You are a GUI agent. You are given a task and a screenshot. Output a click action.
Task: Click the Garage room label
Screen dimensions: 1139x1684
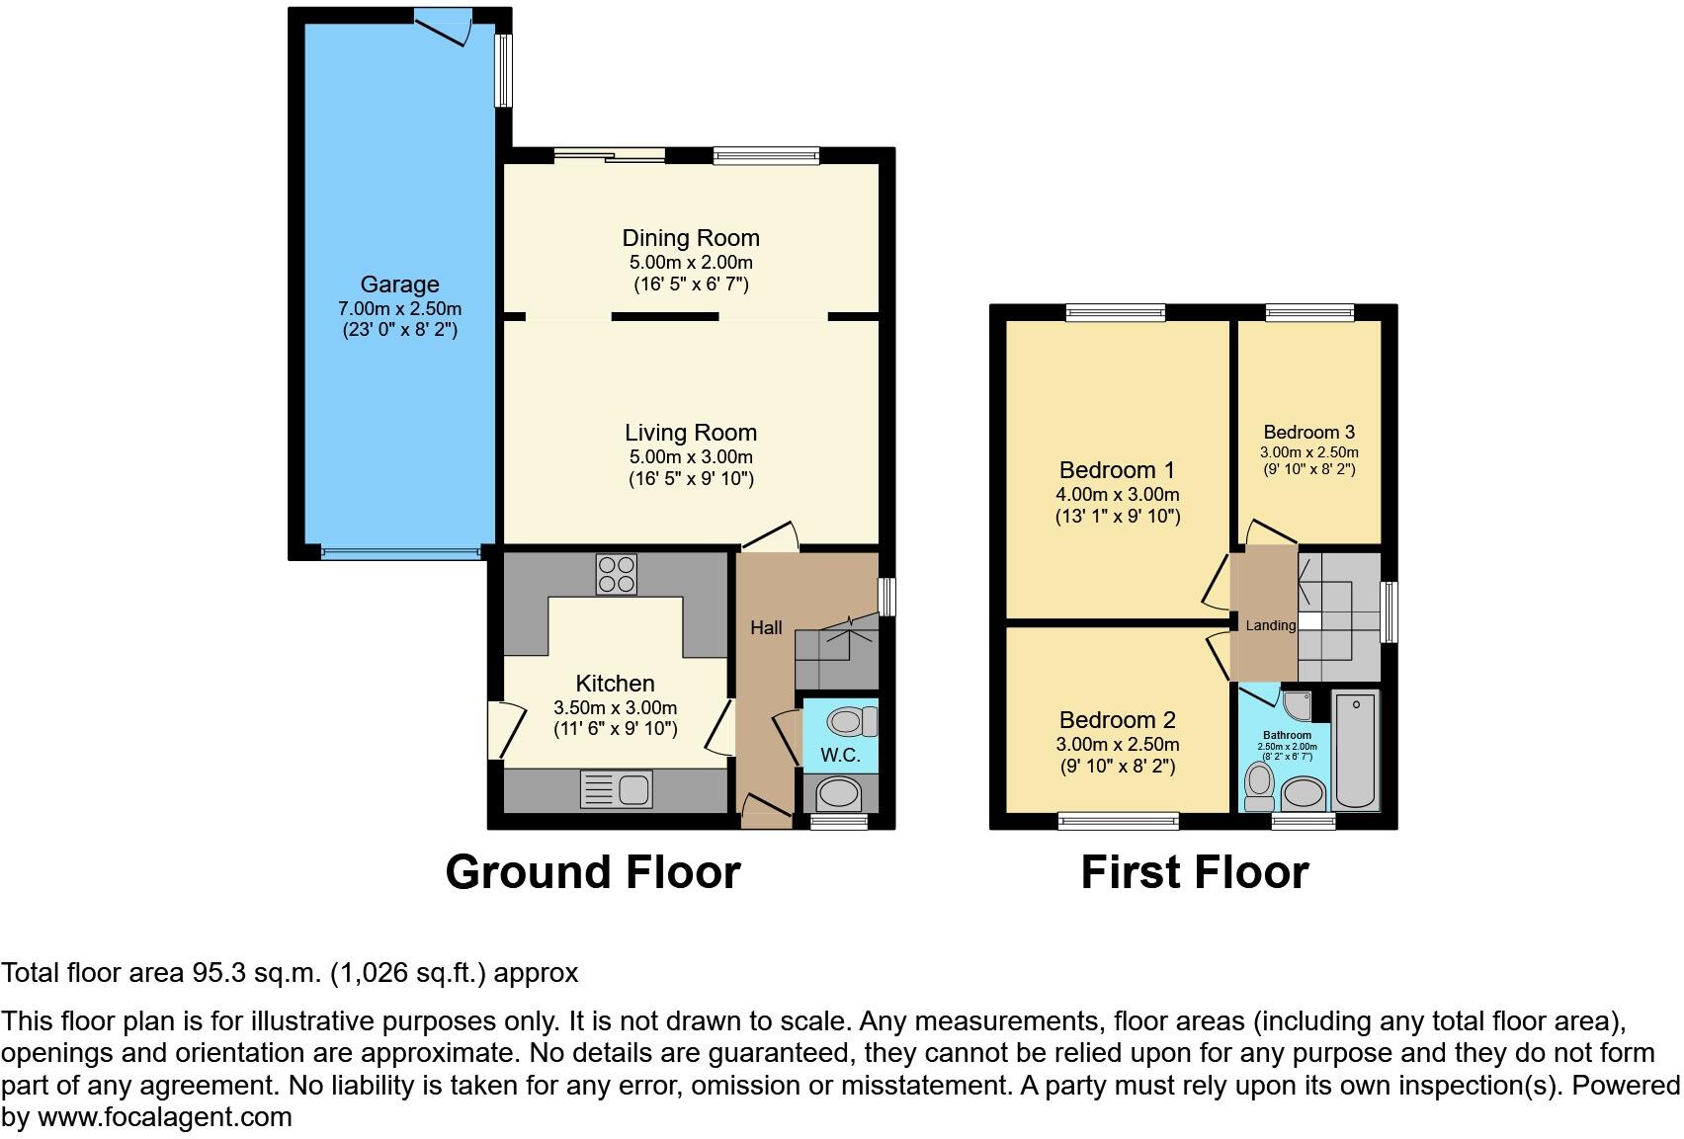(399, 285)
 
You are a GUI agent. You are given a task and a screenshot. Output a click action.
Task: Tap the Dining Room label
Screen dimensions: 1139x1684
(691, 238)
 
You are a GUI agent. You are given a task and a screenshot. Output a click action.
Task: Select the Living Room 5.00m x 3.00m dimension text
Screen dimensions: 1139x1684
(691, 457)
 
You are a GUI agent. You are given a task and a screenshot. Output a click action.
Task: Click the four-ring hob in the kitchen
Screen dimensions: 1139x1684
(617, 574)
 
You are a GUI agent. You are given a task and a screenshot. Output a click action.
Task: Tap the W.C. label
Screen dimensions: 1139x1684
(840, 756)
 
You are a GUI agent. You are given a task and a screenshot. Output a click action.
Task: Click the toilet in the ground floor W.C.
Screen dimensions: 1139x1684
(850, 721)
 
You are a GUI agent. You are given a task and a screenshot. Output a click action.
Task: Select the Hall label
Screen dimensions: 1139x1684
(766, 627)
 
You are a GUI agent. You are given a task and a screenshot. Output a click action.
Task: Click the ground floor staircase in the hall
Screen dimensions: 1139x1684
(836, 652)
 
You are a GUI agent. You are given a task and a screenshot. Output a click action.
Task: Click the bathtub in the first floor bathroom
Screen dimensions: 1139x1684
(1356, 751)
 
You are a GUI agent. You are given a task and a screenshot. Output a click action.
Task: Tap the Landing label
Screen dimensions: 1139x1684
(1270, 625)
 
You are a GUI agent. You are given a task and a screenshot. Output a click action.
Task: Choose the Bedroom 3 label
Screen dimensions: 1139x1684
(1308, 432)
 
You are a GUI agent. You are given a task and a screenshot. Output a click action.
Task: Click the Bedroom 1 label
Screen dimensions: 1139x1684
(1117, 469)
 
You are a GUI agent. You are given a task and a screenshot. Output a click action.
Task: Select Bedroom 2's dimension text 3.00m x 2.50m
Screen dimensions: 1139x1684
(1117, 745)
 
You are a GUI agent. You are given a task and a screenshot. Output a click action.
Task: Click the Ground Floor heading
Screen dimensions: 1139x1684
(592, 872)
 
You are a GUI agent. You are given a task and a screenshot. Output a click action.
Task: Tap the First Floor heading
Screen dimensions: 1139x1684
(1194, 872)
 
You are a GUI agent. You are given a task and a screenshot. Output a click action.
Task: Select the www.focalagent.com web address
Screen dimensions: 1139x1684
(165, 1117)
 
